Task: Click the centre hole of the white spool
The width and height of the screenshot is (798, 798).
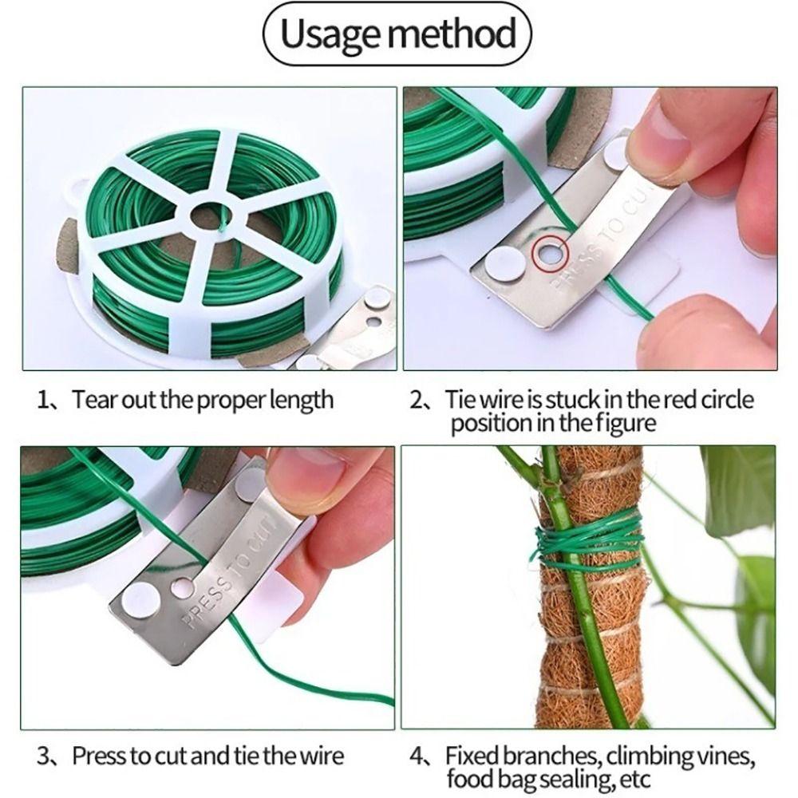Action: pos(211,216)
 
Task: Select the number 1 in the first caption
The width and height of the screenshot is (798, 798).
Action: pos(44,399)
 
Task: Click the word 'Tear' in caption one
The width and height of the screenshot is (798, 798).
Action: pos(93,399)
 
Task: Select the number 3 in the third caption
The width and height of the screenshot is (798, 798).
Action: pos(45,755)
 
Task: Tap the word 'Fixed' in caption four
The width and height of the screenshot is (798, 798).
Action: pos(472,754)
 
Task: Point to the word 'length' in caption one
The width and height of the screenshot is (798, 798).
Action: pos(302,399)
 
